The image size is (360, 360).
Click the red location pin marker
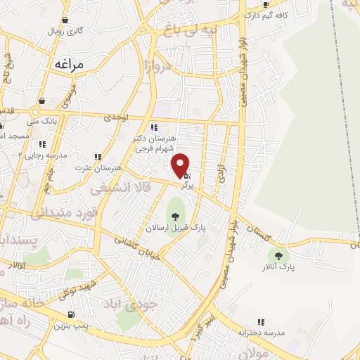click(x=181, y=165)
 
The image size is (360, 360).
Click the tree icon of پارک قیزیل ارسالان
click(x=174, y=215)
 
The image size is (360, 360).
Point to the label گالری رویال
click(x=65, y=32)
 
